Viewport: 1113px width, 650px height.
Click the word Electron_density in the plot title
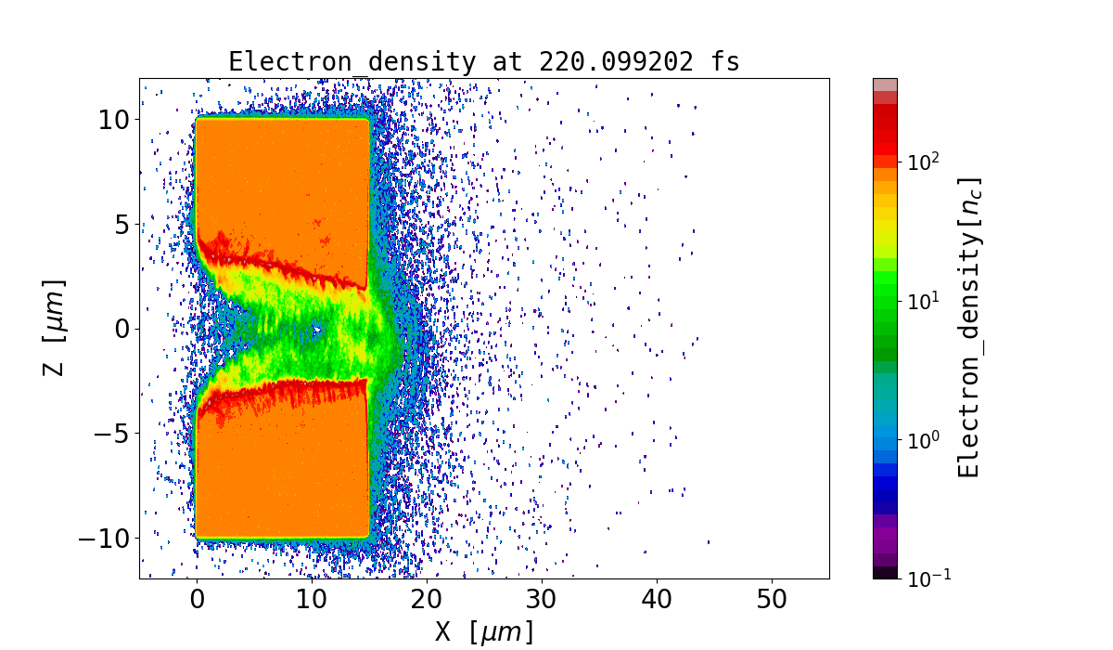click(x=349, y=62)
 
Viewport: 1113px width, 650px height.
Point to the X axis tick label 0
click(x=197, y=600)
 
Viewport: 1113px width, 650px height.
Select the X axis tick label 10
click(x=312, y=600)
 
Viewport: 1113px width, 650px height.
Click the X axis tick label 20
click(x=427, y=600)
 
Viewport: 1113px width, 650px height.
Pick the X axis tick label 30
click(x=542, y=600)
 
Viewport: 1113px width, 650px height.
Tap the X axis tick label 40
click(x=657, y=600)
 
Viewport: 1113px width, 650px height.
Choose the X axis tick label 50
click(x=772, y=600)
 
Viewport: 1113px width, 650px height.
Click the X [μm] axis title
click(x=484, y=632)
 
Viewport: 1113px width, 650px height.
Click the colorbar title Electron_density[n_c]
click(x=968, y=328)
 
